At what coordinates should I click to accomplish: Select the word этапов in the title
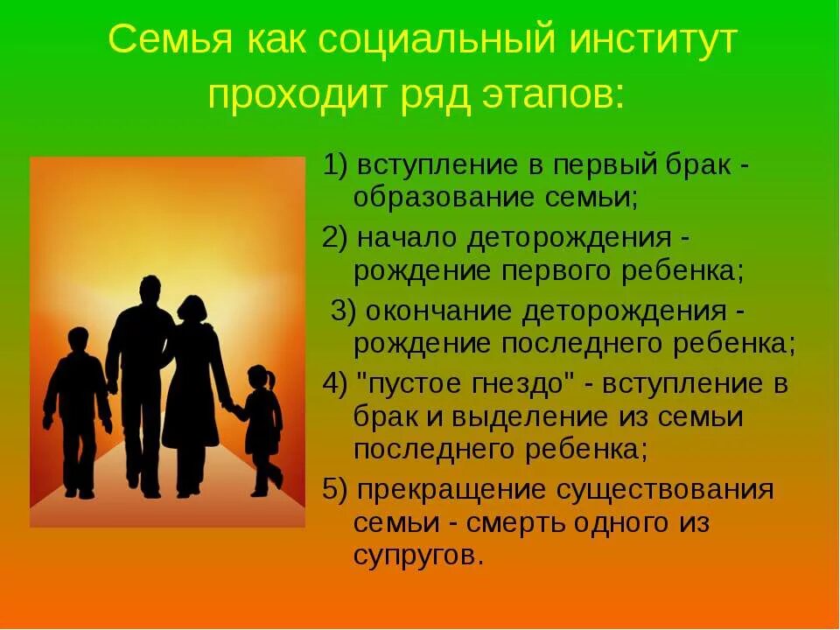pos(554,92)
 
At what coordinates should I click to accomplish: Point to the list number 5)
pos(336,489)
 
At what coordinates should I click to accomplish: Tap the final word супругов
pos(418,556)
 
